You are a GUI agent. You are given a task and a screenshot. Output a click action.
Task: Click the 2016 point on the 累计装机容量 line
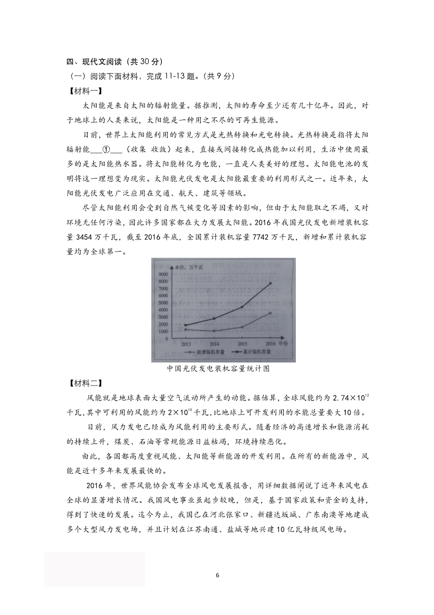point(270,284)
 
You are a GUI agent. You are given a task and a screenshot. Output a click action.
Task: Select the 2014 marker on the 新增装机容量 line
point(214,331)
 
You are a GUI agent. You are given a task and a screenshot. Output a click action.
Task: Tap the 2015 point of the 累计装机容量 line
point(242,307)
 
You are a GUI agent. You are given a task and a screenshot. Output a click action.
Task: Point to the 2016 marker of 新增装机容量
point(270,313)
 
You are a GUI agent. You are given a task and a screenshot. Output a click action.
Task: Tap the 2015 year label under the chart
point(242,342)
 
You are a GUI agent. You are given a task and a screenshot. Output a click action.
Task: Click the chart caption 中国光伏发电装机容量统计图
point(218,369)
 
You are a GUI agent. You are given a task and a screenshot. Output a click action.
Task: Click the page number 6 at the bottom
point(217,575)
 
